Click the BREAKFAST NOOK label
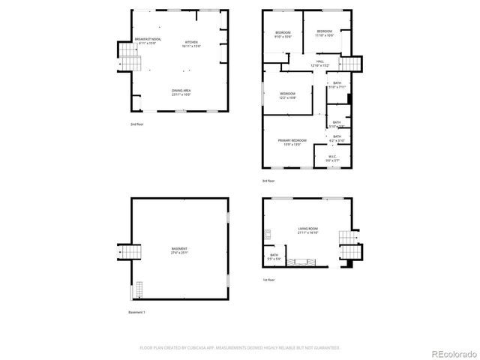pos(148,40)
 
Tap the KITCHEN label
pos(191,43)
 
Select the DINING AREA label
pos(181,93)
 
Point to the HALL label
pos(319,63)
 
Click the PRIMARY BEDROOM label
pos(292,142)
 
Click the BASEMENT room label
pos(179,250)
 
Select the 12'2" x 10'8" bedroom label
pos(288,95)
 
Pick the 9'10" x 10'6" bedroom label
pos(282,34)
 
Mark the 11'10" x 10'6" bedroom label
pos(324,33)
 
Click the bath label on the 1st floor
pos(274,256)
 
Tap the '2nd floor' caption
pos(136,124)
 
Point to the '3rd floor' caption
pos(268,181)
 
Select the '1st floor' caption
pos(268,280)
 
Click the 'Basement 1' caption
pos(136,312)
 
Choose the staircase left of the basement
pos(125,252)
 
